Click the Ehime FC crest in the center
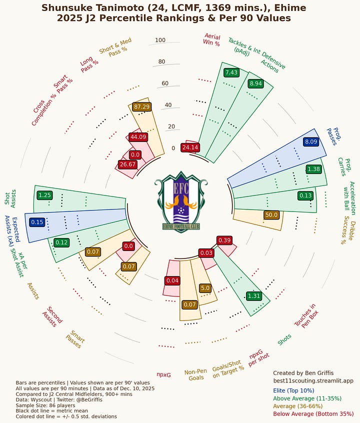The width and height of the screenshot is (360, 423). (x=180, y=202)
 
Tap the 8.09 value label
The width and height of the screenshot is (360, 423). (x=310, y=142)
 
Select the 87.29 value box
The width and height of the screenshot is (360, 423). (x=142, y=106)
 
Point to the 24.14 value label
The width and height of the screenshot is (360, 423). (x=190, y=147)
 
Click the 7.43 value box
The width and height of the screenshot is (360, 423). (x=231, y=72)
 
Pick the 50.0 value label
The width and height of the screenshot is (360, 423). (x=271, y=214)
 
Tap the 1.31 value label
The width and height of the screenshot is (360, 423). (x=254, y=296)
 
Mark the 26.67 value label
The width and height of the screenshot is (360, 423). (x=127, y=164)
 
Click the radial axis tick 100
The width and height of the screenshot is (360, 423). (x=160, y=40)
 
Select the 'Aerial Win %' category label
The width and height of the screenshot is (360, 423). (x=211, y=39)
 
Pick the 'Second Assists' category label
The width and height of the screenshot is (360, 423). (x=52, y=316)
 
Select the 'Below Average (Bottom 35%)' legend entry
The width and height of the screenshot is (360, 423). (x=313, y=414)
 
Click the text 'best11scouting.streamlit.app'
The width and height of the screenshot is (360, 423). (x=313, y=380)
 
